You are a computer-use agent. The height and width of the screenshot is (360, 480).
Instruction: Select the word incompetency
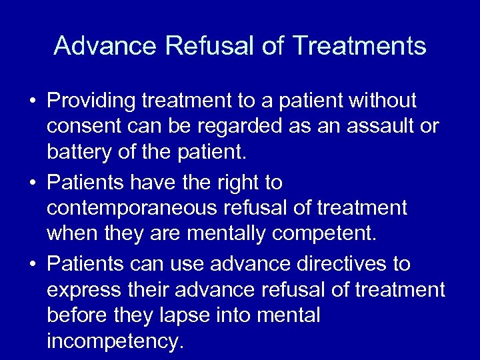click(x=114, y=342)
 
